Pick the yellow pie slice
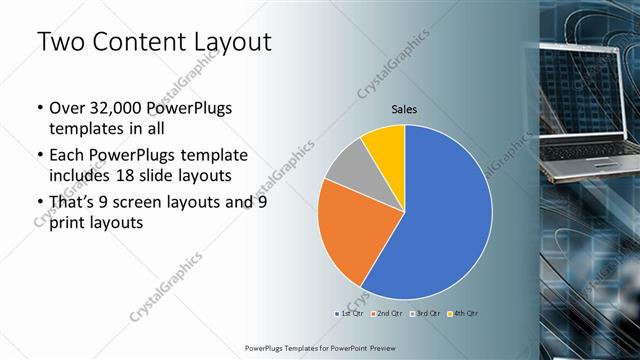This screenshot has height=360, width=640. pos(386,146)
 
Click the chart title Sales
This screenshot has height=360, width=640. pos(404,109)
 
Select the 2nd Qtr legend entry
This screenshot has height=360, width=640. pos(389,314)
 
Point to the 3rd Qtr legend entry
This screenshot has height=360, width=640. pos(427,314)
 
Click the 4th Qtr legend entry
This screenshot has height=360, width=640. pos(465,314)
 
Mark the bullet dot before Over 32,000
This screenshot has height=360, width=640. pos(39,109)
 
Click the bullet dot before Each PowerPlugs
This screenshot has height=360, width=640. pos(39,156)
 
